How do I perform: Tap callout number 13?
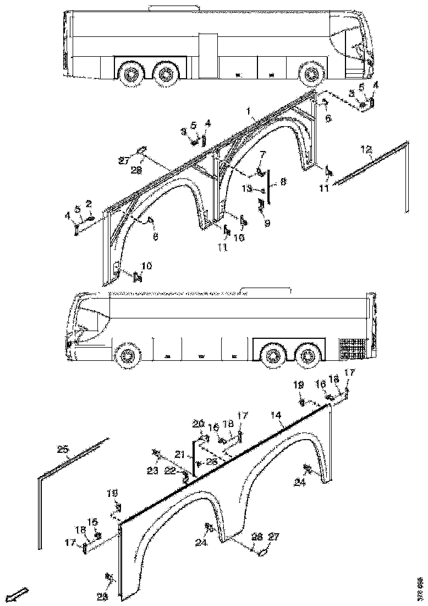point(248,189)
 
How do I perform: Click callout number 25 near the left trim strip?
point(63,450)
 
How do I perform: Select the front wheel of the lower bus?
point(127,356)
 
